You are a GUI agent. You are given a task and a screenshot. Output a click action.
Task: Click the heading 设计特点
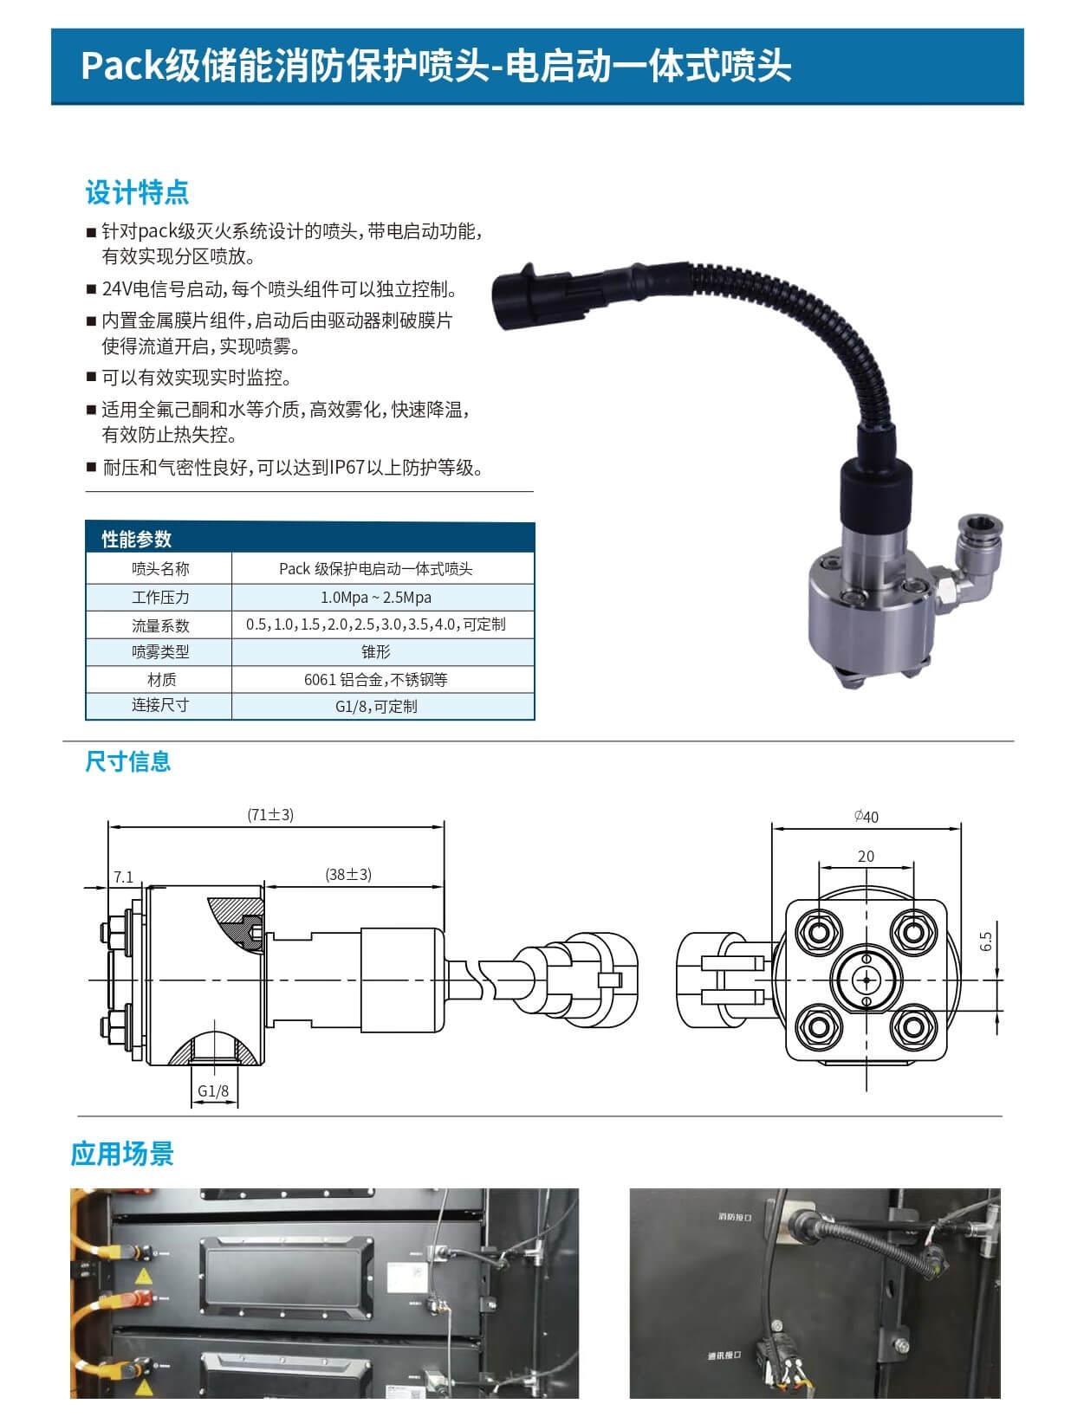[x=137, y=192]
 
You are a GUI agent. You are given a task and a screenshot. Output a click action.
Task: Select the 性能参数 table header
[x=136, y=539]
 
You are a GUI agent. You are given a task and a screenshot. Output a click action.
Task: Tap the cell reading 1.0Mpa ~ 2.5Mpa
[x=376, y=597]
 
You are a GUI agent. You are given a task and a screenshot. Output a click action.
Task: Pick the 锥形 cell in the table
[x=376, y=651]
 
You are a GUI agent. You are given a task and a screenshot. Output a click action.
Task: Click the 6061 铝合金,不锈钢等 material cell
[x=376, y=679]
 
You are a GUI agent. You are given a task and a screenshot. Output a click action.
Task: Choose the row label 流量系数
[x=160, y=624]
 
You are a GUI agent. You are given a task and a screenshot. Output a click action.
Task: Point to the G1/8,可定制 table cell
[x=376, y=706]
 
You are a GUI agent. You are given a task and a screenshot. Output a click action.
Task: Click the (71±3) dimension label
[x=270, y=815]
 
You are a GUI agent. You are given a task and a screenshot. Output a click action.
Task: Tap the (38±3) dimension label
[x=348, y=875]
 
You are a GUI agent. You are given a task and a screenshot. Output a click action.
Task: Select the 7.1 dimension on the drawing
[x=123, y=877]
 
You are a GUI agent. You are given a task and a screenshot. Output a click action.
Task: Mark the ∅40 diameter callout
[x=866, y=817]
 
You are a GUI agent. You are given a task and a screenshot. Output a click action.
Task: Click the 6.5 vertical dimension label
[x=986, y=941]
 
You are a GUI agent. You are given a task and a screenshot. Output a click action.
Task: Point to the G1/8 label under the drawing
[x=213, y=1091]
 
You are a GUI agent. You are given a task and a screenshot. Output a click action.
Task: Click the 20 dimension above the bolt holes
[x=866, y=856]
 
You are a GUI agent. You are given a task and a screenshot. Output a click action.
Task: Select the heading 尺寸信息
[x=128, y=761]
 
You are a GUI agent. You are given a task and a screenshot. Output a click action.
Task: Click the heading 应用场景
[x=122, y=1154]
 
